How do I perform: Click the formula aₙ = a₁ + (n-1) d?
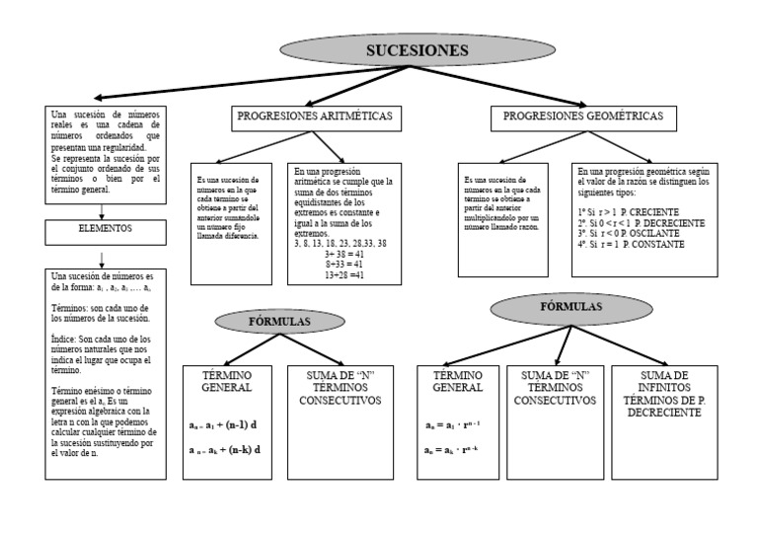pyautogui.click(x=224, y=425)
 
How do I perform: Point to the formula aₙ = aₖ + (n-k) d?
pyautogui.click(x=224, y=449)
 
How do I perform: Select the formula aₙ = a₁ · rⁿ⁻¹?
pyautogui.click(x=453, y=425)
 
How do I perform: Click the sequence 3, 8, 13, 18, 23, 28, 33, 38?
pyautogui.click(x=341, y=243)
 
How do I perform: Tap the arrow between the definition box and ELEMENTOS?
pyautogui.click(x=103, y=206)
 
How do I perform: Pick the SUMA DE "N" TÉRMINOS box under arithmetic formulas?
pyautogui.click(x=340, y=388)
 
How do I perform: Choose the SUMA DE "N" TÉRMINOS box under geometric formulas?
pyautogui.click(x=555, y=388)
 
